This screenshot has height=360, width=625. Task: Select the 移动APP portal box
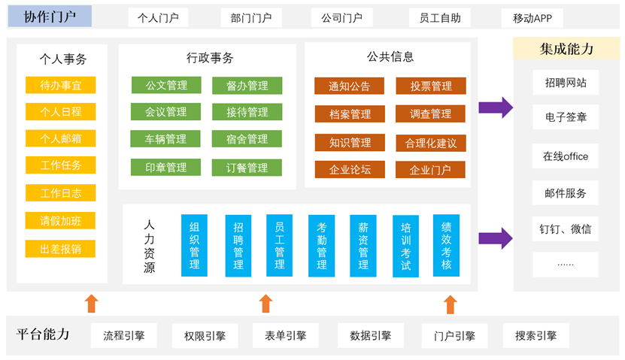[x=537, y=18]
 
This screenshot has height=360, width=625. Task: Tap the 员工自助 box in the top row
[x=440, y=17]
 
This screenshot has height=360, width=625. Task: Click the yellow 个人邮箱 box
[x=61, y=138]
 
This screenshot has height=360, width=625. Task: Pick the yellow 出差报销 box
[x=61, y=248]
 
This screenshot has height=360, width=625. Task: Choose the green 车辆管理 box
[x=166, y=139]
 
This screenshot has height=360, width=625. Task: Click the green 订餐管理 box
[x=247, y=167]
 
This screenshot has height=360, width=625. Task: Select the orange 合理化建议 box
[x=431, y=142]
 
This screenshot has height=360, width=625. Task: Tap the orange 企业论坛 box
[x=350, y=169]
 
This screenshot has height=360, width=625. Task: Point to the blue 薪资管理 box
[x=363, y=245]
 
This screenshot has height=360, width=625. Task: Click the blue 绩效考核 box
[x=447, y=245]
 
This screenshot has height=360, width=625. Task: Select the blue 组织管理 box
[x=194, y=245]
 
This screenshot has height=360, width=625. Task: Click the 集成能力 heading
[x=566, y=49]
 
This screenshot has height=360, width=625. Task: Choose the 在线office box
[x=566, y=156]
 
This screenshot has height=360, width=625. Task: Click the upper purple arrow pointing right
[x=495, y=107]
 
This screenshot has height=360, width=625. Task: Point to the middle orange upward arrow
[x=265, y=304]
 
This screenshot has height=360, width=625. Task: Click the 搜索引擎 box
[x=535, y=336]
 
